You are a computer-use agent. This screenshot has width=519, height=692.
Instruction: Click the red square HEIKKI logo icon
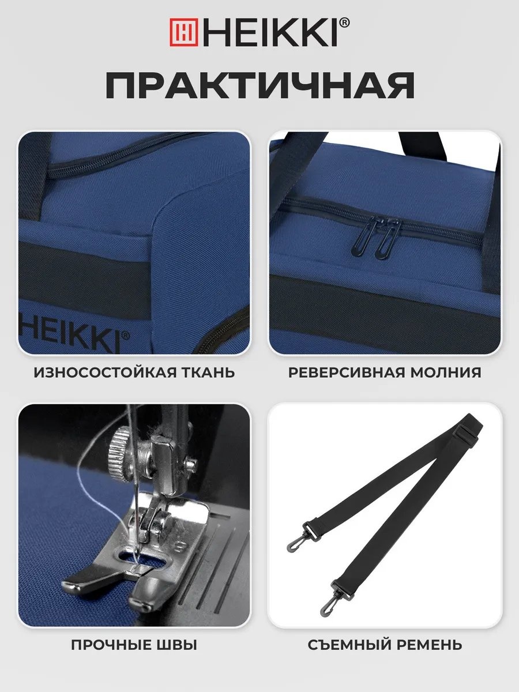[184, 32]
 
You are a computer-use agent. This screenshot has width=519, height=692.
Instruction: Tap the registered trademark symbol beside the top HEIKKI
[345, 22]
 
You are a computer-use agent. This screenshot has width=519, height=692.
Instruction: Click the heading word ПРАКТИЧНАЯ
[260, 85]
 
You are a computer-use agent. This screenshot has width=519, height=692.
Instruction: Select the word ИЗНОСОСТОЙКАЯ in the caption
[105, 373]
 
